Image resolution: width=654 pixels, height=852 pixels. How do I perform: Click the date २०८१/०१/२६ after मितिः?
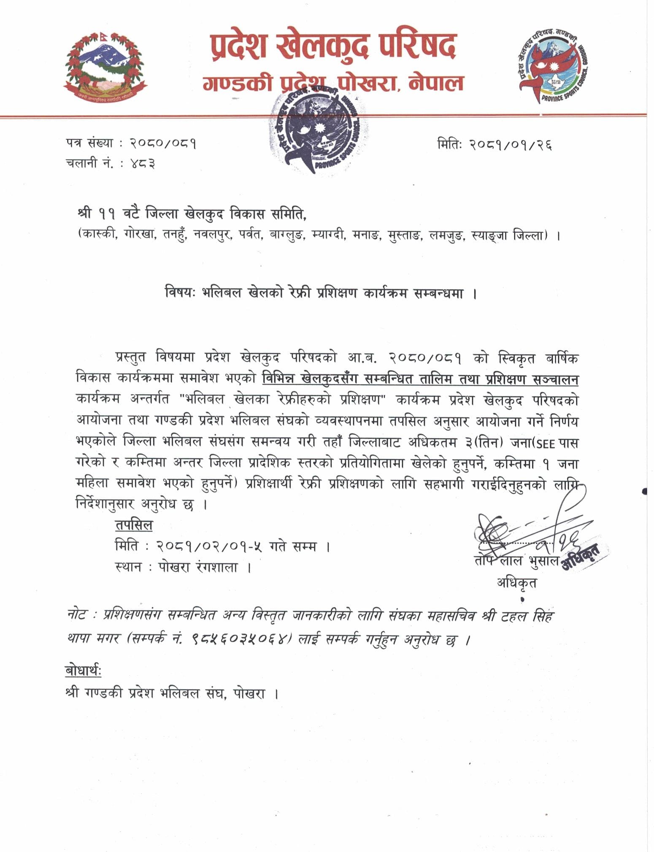click(x=513, y=145)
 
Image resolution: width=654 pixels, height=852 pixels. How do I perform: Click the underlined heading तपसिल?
click(x=134, y=525)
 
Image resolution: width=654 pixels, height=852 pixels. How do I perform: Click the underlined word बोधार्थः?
click(x=84, y=671)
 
